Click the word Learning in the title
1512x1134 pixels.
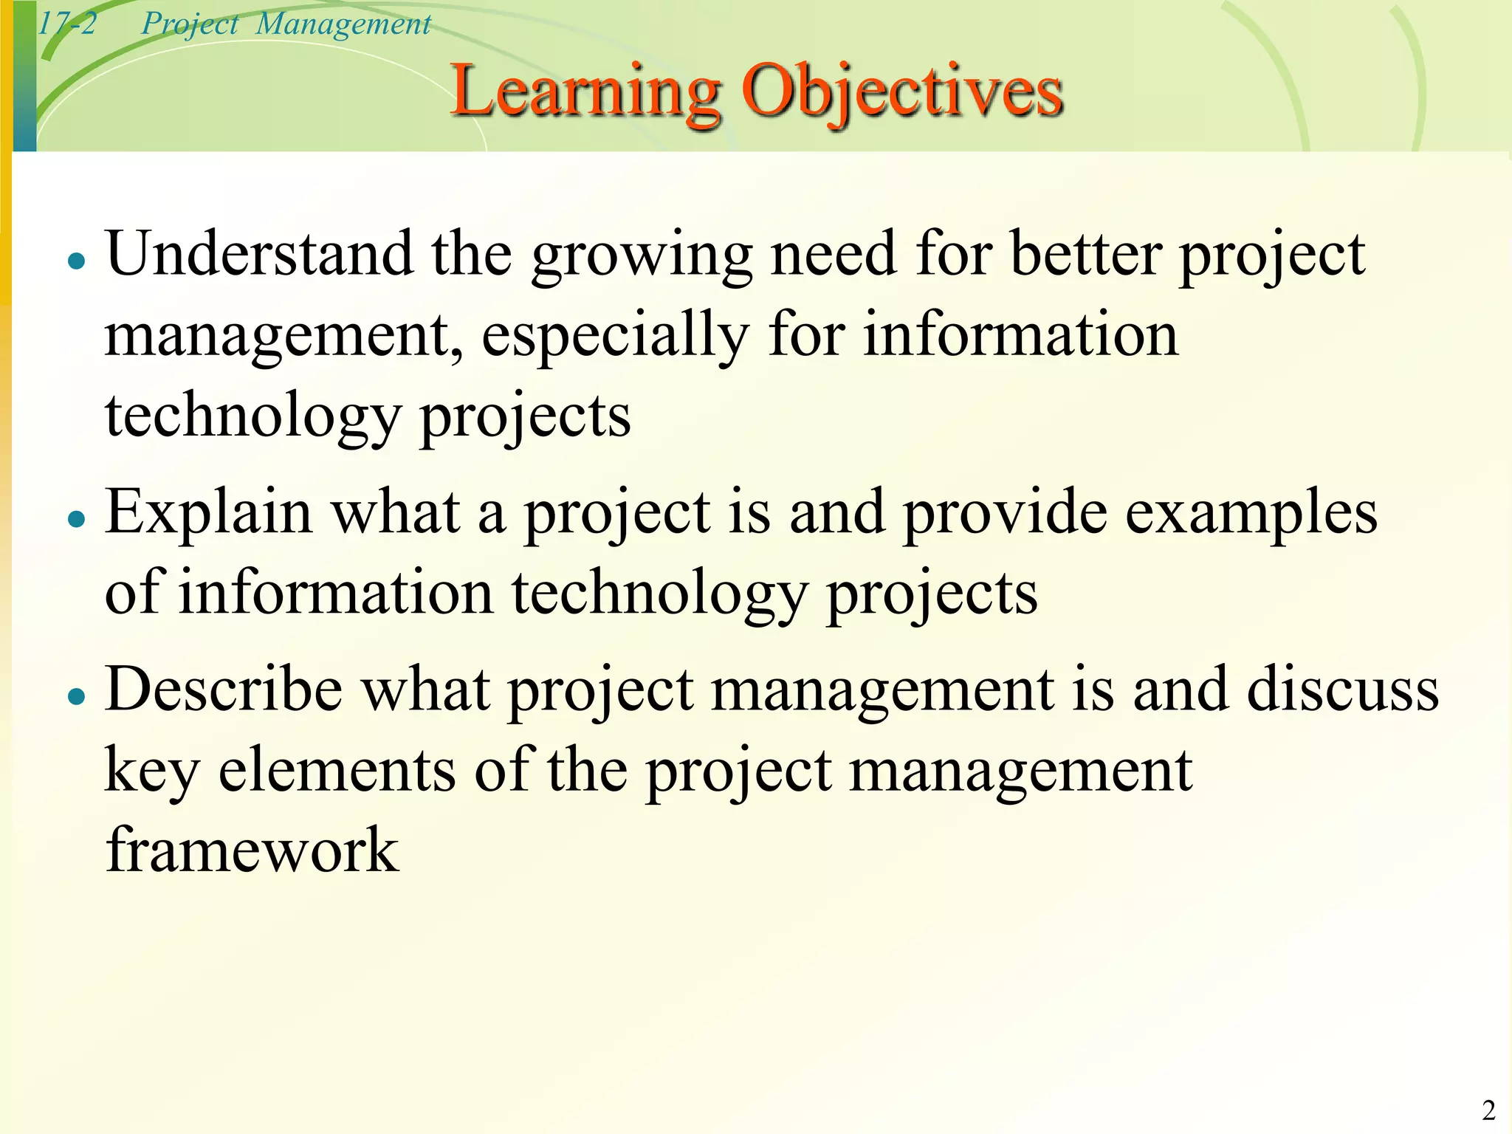click(585, 92)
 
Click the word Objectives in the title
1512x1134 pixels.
click(902, 92)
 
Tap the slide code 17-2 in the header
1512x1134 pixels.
click(66, 24)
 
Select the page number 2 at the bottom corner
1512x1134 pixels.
click(1488, 1110)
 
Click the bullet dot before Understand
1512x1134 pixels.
click(76, 261)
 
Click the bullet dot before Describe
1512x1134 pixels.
click(76, 695)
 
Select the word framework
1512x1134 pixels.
click(252, 850)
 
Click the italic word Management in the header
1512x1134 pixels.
click(343, 24)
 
